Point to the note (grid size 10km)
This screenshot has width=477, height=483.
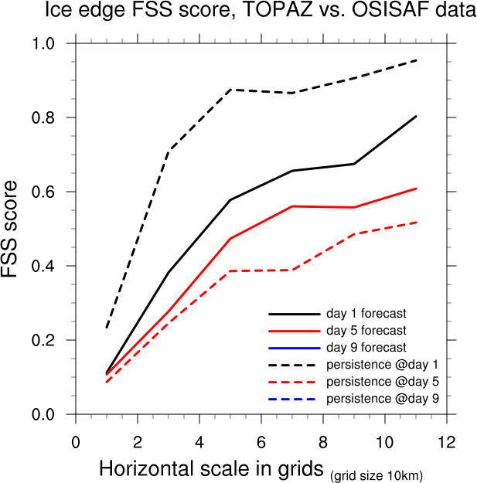pos(376,474)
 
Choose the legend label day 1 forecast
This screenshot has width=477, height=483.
pos(366,315)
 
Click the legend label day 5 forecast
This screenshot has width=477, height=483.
pos(366,331)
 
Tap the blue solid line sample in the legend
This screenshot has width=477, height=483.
pos(295,348)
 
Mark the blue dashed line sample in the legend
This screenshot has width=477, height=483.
pos(295,398)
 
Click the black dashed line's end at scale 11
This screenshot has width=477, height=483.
pos(416,60)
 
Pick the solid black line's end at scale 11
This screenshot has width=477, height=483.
pos(416,116)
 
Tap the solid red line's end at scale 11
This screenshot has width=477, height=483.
pos(416,189)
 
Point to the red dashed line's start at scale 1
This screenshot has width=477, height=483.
pos(107,382)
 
